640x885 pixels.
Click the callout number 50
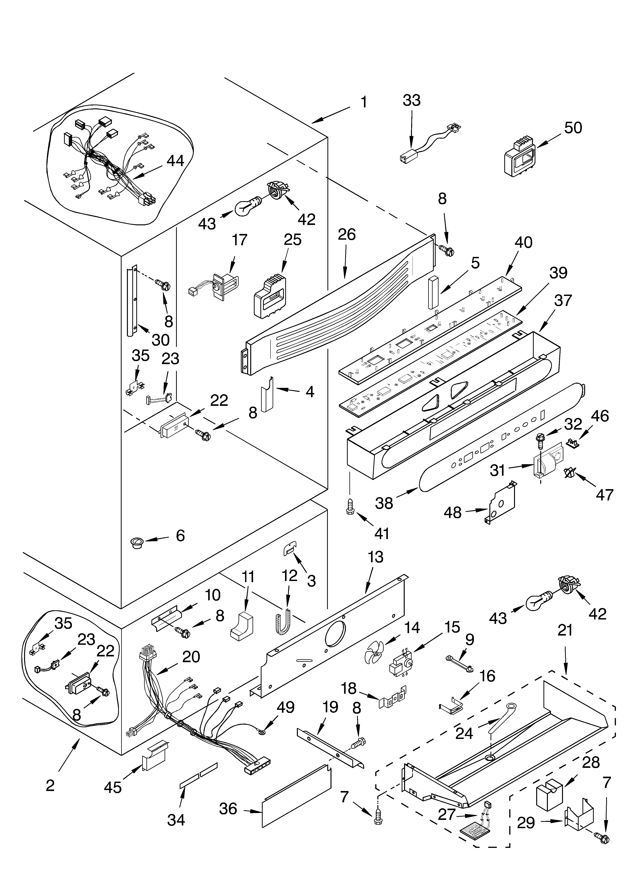573,128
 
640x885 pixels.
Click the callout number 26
347,235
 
